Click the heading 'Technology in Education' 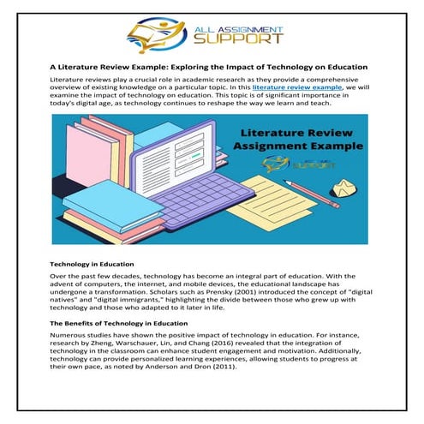click(93, 265)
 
